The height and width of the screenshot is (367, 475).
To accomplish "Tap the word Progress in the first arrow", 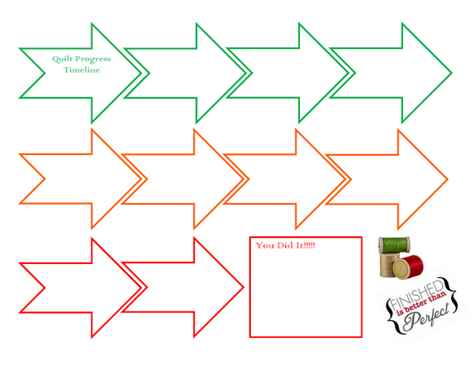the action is tap(93, 59).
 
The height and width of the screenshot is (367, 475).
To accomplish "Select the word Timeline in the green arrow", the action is tap(82, 70).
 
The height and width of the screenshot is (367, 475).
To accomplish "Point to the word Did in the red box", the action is tap(285, 245).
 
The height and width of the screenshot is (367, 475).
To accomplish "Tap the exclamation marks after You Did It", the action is tap(309, 245).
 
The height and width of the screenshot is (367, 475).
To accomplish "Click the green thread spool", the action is tap(394, 245).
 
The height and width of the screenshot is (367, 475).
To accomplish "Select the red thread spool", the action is tap(408, 267).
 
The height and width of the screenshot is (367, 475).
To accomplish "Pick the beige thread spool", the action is tap(389, 265).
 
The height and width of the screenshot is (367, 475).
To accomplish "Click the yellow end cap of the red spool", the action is tap(401, 268).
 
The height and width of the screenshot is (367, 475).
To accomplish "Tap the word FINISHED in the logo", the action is tap(417, 294).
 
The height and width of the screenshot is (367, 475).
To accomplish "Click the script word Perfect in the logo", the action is tap(426, 317).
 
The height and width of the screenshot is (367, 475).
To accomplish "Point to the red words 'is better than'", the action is tap(421, 303).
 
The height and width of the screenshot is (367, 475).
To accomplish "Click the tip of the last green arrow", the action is tap(452, 73).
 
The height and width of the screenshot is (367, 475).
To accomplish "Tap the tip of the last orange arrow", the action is tap(448, 179).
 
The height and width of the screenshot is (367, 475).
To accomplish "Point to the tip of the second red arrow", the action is tap(243, 287).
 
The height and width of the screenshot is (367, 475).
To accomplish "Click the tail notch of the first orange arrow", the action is tap(45, 179).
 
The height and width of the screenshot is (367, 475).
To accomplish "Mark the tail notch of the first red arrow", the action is tap(45, 288).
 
